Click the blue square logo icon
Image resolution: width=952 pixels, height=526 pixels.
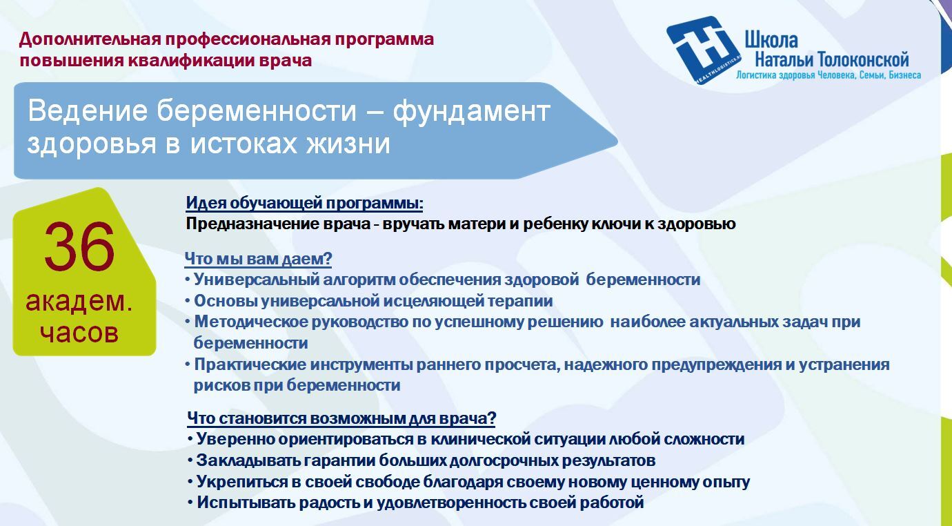coord(704,50)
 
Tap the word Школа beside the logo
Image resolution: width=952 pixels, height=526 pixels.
coord(771,41)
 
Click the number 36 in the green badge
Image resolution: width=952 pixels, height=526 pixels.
coord(79,246)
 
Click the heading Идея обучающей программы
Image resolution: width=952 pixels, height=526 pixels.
coord(304,203)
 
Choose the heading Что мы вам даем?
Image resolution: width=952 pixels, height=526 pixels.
coord(258,259)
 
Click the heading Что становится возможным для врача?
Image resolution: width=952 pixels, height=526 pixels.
coord(341,418)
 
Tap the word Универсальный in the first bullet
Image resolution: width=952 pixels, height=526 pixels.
coord(257,280)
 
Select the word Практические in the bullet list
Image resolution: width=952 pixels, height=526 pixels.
coord(250,364)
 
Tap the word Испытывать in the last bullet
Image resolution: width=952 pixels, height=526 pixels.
coord(246,503)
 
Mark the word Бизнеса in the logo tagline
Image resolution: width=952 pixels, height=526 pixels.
coord(905,76)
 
